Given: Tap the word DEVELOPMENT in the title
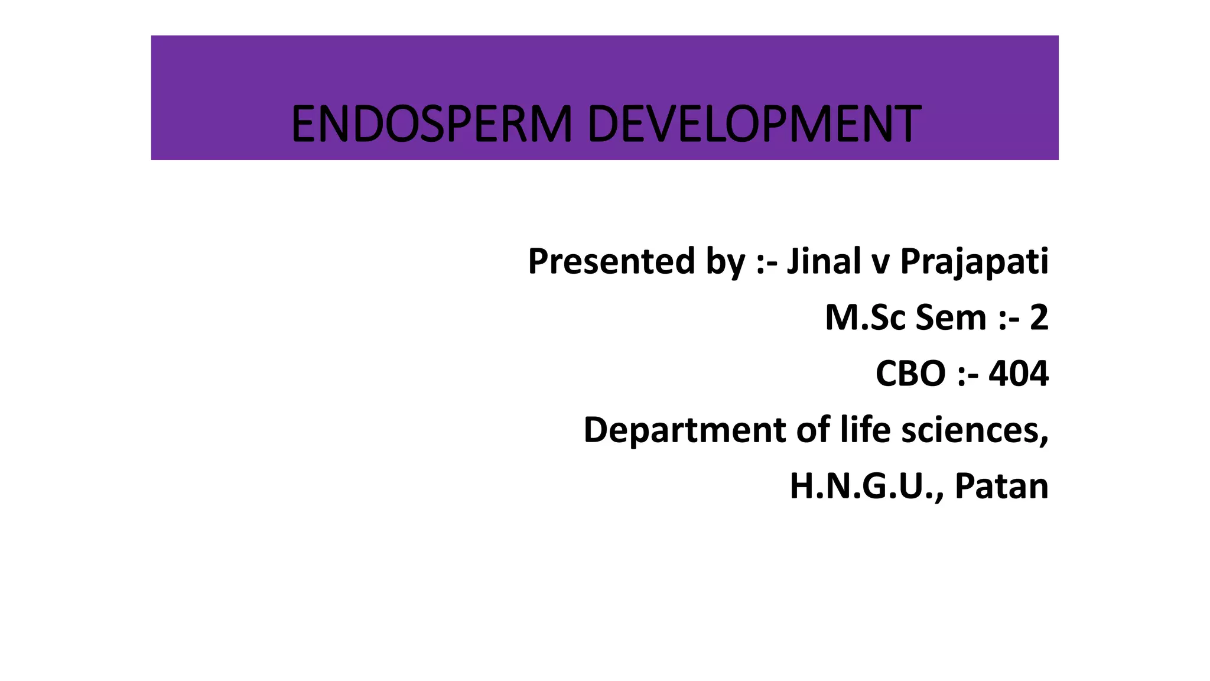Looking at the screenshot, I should pyautogui.click(x=754, y=124).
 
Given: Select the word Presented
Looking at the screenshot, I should pyautogui.click(x=611, y=261).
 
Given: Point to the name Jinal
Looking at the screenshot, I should pyautogui.click(x=824, y=261).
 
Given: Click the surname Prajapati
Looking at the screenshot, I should pyautogui.click(x=974, y=262).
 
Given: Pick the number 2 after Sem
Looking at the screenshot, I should pyautogui.click(x=1039, y=318).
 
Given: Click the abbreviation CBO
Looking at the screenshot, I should pyautogui.click(x=910, y=374).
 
